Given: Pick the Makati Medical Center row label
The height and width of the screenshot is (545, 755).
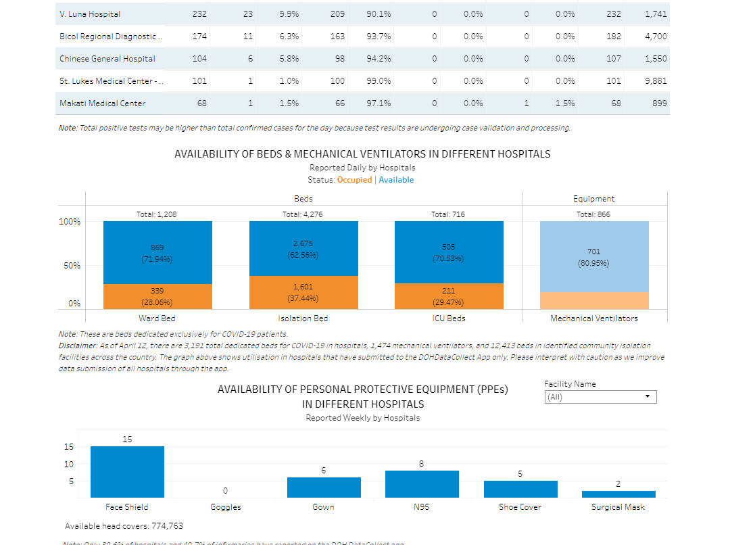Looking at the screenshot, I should click(102, 103).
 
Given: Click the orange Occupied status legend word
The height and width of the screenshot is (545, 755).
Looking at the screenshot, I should click(354, 180).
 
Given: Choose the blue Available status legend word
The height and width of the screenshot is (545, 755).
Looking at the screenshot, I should click(396, 180).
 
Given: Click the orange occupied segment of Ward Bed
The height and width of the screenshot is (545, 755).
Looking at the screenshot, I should click(157, 296).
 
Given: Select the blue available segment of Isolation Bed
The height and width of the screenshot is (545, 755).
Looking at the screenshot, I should click(303, 248).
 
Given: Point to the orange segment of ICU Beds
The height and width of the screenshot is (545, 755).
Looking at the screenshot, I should click(449, 296).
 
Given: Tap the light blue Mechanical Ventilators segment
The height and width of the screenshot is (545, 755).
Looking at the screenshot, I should click(594, 256).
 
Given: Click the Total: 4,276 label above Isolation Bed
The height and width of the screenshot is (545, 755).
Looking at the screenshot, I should click(303, 214).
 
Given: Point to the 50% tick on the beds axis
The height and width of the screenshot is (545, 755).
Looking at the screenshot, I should click(72, 266).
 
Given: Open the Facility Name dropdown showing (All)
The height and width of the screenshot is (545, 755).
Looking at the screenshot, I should click(600, 397).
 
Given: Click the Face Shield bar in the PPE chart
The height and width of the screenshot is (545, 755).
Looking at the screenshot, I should click(127, 472).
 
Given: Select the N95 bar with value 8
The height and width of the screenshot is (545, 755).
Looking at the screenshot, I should click(422, 484).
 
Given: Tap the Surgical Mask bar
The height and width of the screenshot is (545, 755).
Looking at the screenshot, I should click(618, 494).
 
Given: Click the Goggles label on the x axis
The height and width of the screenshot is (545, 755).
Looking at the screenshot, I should click(226, 507).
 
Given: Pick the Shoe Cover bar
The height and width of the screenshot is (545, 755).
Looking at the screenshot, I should click(520, 489).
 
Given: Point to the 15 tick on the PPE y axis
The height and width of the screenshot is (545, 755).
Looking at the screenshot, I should click(68, 446).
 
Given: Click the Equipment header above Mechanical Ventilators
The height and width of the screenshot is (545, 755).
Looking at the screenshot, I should click(594, 199).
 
